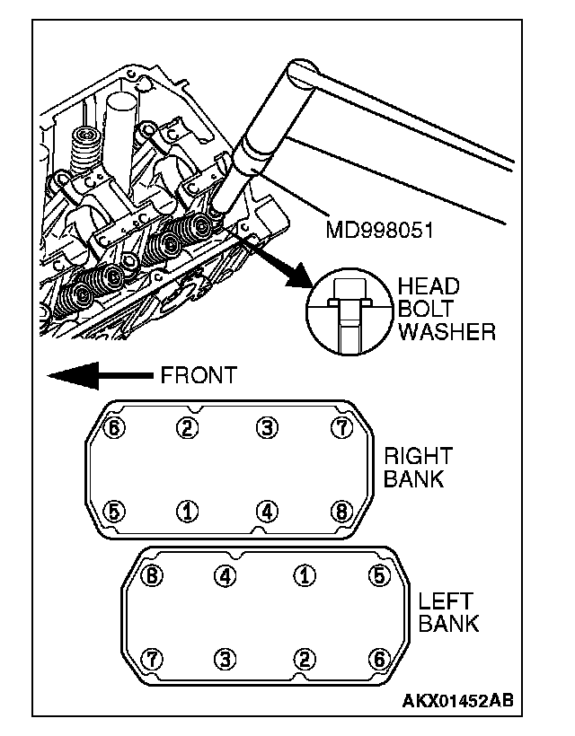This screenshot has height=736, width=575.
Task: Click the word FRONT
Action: point(199,375)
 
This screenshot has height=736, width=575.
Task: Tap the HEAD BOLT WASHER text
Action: point(447,310)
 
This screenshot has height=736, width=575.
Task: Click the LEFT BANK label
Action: point(448,612)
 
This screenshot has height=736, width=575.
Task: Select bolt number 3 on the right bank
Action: point(266,427)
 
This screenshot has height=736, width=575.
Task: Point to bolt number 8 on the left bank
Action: point(152,575)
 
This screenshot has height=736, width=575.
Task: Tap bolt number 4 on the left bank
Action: point(226,575)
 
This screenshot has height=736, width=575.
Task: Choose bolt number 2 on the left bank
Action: point(305,660)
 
